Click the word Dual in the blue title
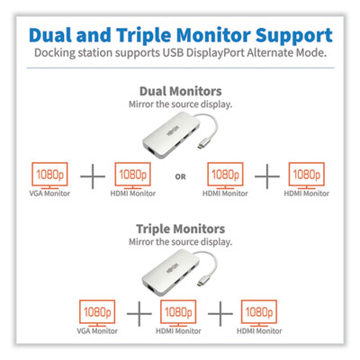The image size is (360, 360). tap(50, 35)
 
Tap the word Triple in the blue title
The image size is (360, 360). tap(144, 36)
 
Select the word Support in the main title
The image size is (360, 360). tap(293, 36)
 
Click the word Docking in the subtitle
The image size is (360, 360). tap(55, 53)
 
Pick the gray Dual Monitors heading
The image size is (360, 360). tap(181, 91)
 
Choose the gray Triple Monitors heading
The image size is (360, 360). tap(181, 229)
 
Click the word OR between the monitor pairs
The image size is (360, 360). tap(180, 177)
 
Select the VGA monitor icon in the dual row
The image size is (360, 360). tap(49, 175)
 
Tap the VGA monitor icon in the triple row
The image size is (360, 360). tap(97, 313)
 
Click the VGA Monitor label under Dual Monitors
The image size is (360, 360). tap(49, 193)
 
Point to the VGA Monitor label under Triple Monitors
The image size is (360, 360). tap(97, 331)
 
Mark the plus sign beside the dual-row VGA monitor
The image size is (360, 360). tap(93, 176)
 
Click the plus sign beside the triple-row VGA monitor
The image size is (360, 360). tap(139, 314)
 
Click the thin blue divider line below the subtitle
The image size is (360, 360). tap(180, 67)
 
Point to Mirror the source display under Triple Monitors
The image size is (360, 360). tap(181, 242)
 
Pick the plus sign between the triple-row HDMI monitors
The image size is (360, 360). tap(220, 314)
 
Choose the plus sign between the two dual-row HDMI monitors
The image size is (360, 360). tap(267, 176)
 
